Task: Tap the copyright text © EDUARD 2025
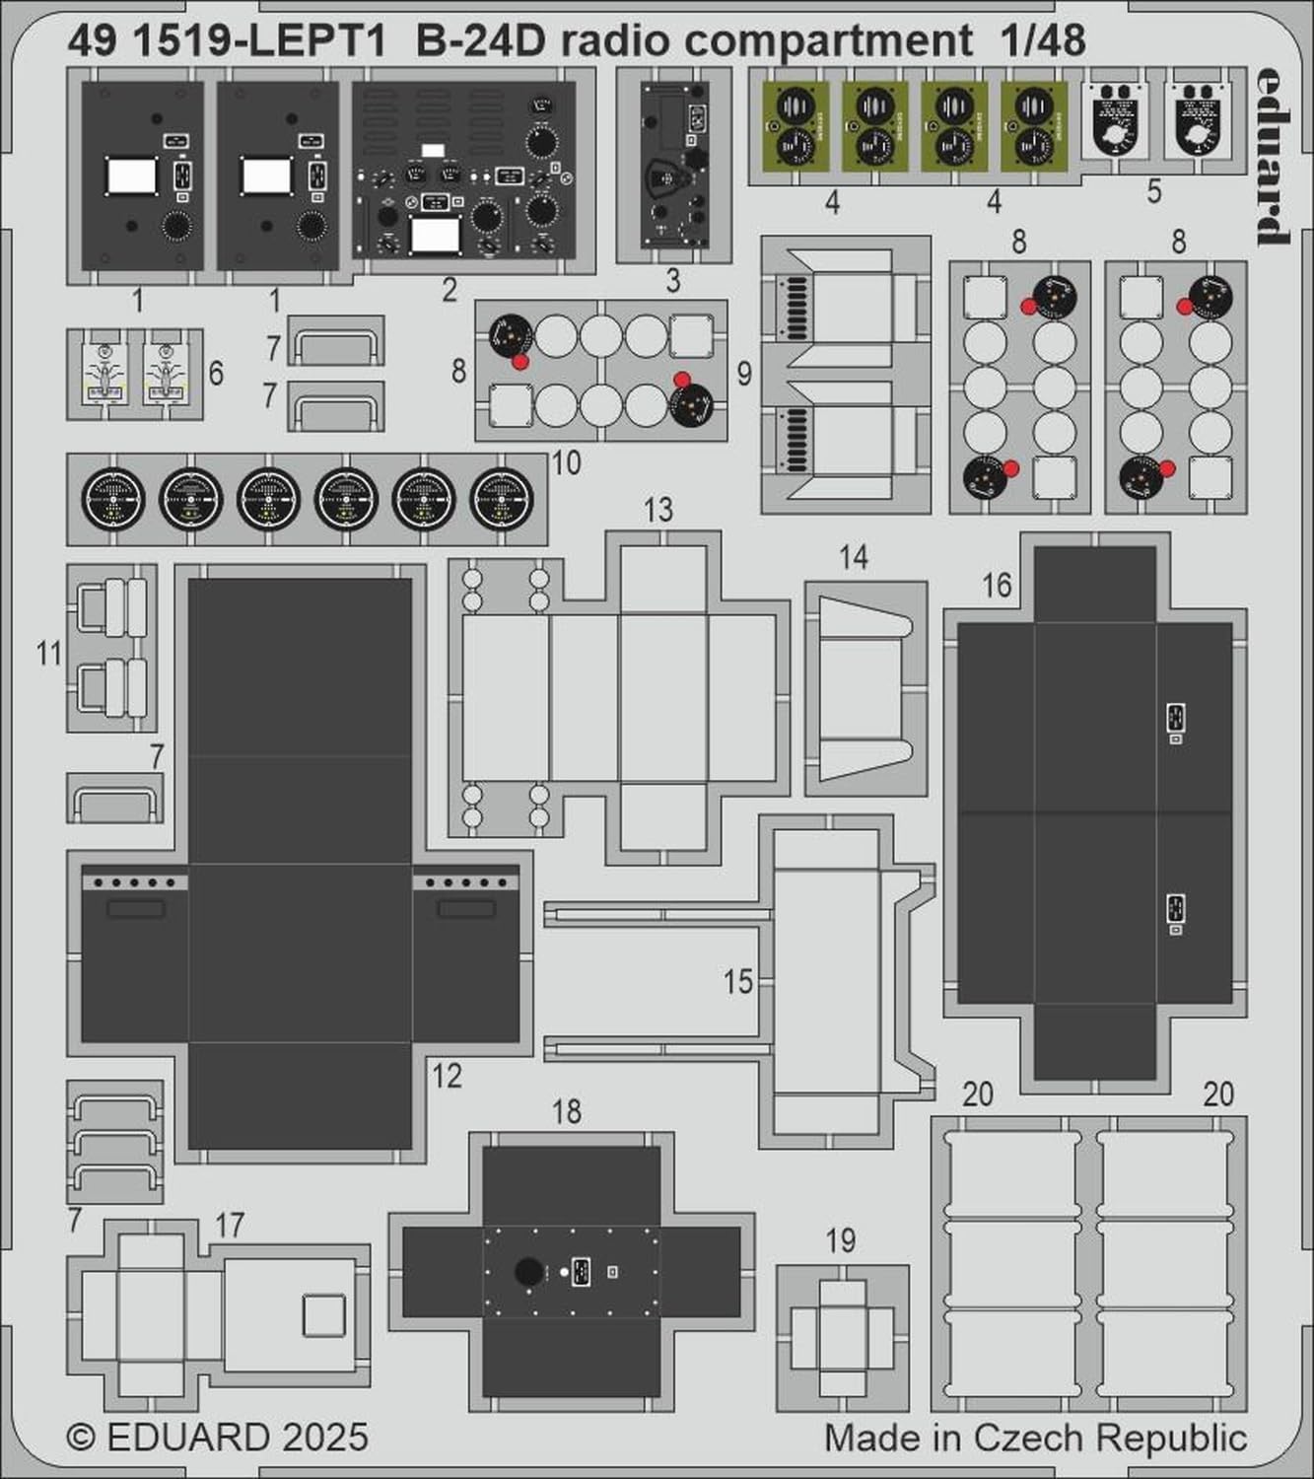pyautogui.click(x=218, y=1437)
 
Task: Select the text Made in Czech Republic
pyautogui.click(x=1035, y=1438)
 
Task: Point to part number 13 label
pyautogui.click(x=657, y=510)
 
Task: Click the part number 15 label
pyautogui.click(x=738, y=981)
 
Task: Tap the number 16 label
pyautogui.click(x=997, y=585)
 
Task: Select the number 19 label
pyautogui.click(x=841, y=1240)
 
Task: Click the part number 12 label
pyautogui.click(x=447, y=1076)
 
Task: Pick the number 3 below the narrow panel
pyautogui.click(x=673, y=281)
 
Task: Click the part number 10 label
pyautogui.click(x=566, y=462)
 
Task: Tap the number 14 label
pyautogui.click(x=854, y=557)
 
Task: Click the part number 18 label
pyautogui.click(x=567, y=1111)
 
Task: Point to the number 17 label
pyautogui.click(x=230, y=1226)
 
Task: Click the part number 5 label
pyautogui.click(x=1154, y=191)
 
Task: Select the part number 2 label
pyautogui.click(x=450, y=290)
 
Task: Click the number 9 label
pyautogui.click(x=744, y=374)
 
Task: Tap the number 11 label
pyautogui.click(x=49, y=653)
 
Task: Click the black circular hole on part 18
pyautogui.click(x=528, y=1272)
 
